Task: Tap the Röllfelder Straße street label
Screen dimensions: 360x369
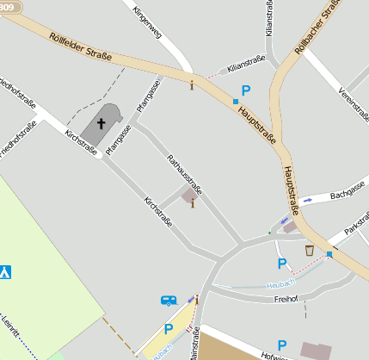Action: (x=81, y=47)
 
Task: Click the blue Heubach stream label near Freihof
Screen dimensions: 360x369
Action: (x=281, y=282)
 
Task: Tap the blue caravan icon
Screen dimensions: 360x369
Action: (x=169, y=300)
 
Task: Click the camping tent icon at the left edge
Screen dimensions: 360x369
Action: (x=6, y=272)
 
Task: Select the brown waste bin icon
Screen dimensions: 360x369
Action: (x=309, y=251)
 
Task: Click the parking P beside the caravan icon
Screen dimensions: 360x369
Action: (x=169, y=328)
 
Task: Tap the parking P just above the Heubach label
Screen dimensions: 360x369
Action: (x=280, y=264)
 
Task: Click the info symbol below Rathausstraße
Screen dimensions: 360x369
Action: (x=192, y=204)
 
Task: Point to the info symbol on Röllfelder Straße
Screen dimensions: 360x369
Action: (x=192, y=84)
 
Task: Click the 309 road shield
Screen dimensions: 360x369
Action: (x=9, y=7)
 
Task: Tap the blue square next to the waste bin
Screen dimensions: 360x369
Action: (x=329, y=254)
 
